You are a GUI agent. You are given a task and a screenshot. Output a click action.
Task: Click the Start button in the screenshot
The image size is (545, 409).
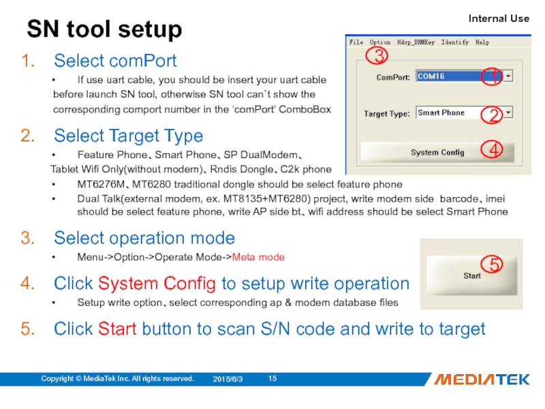pos(471,275)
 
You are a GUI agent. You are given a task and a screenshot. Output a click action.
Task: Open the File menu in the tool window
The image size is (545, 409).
pos(356,42)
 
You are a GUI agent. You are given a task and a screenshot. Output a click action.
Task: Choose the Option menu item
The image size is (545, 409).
pos(380,42)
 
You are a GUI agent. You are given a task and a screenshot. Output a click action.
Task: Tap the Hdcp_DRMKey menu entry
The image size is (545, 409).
pos(416,42)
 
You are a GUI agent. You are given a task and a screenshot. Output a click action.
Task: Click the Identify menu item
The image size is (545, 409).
pos(455,42)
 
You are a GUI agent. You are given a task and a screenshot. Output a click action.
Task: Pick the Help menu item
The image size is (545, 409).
pos(482,42)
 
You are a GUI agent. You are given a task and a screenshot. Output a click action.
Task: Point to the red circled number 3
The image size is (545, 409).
pos(376,56)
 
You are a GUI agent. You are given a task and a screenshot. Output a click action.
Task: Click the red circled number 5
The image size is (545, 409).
pos(492,264)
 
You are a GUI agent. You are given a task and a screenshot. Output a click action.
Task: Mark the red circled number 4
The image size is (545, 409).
pos(492,149)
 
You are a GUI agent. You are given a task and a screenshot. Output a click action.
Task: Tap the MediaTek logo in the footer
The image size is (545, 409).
pos(482,379)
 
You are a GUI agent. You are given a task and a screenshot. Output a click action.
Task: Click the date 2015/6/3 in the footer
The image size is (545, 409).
pos(228,379)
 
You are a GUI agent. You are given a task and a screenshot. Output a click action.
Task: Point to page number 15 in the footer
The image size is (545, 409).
pos(272,378)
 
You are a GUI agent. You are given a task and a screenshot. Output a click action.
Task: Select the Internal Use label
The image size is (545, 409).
pos(499,18)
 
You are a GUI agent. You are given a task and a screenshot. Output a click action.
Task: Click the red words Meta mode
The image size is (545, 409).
pos(258,257)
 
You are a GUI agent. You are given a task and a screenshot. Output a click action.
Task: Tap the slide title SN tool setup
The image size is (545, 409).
pos(104,29)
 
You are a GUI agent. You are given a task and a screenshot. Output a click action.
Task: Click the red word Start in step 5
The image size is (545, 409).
pos(117,329)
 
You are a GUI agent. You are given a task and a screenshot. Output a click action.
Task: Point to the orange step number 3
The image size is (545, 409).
pos(28,238)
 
